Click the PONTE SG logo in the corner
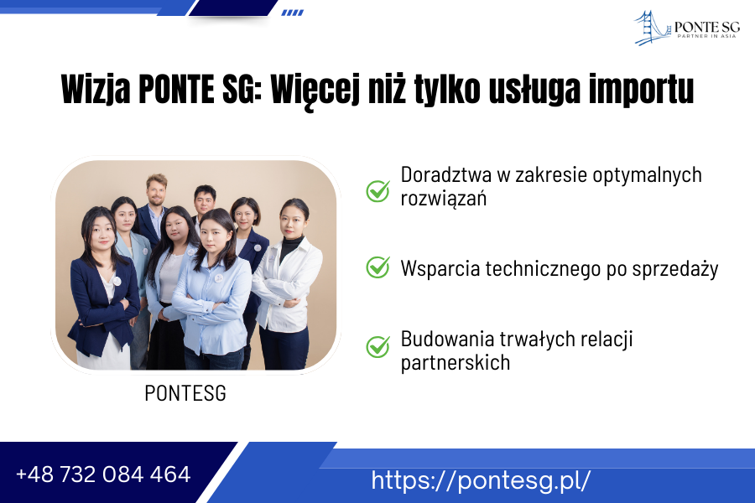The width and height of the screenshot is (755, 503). click(x=686, y=28)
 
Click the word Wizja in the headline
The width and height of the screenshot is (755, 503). click(x=96, y=90)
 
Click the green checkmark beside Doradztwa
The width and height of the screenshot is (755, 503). click(x=378, y=190)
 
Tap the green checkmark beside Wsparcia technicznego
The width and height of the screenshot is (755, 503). click(x=378, y=267)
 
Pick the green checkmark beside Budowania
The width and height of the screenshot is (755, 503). click(x=378, y=346)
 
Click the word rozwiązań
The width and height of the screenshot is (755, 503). click(x=444, y=199)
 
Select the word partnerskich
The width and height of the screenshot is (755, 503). click(x=455, y=362)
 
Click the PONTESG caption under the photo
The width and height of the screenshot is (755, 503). click(x=185, y=393)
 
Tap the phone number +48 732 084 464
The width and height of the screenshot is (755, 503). click(x=103, y=474)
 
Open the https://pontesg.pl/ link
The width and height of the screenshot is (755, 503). click(x=481, y=480)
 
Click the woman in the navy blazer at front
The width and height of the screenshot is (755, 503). click(x=102, y=288)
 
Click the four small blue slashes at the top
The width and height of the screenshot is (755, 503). click(x=292, y=13)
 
